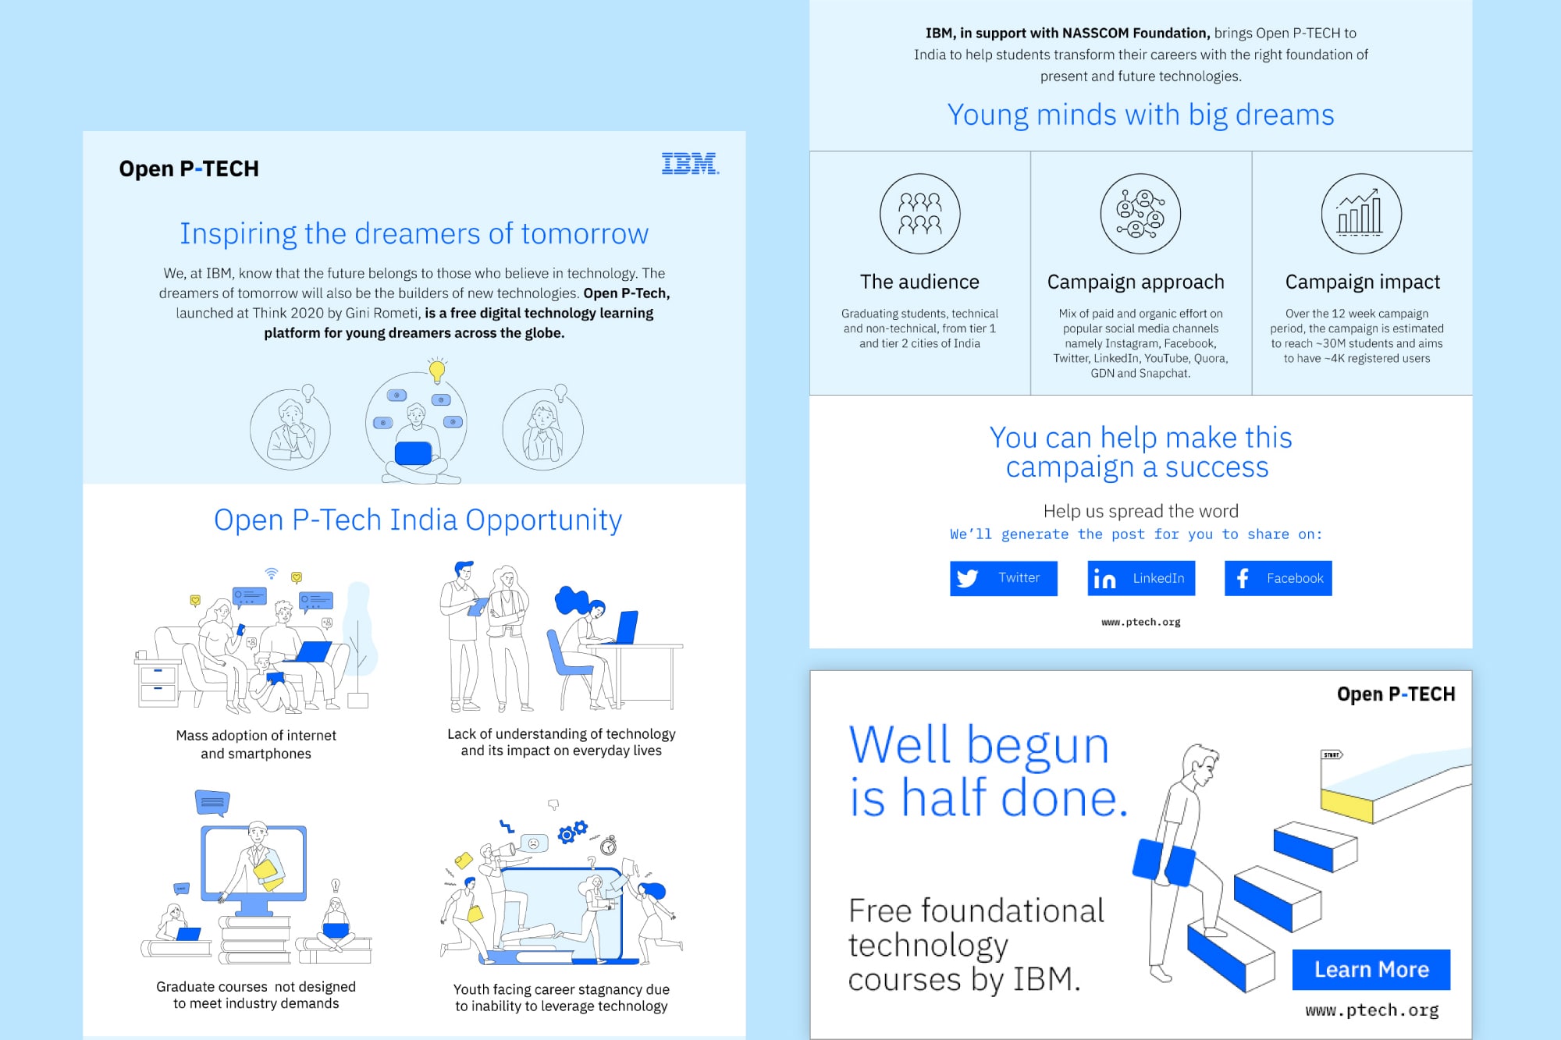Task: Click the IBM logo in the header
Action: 690,164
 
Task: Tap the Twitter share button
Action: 1003,578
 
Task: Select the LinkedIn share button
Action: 1141,578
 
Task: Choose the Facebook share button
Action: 1278,578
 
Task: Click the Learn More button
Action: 1371,970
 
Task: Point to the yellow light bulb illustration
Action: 437,370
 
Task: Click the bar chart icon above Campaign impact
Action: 1361,214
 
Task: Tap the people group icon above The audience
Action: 920,214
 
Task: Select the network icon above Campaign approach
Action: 1140,214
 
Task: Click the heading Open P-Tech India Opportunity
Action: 418,520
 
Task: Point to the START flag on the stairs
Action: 1331,754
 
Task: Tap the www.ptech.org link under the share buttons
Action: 1141,622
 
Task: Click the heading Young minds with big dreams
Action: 1141,115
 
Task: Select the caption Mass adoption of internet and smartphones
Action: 256,744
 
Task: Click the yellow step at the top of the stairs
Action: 1346,805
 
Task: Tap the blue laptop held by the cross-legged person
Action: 414,453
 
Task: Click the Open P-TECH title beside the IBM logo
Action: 189,169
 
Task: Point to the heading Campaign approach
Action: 1136,282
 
